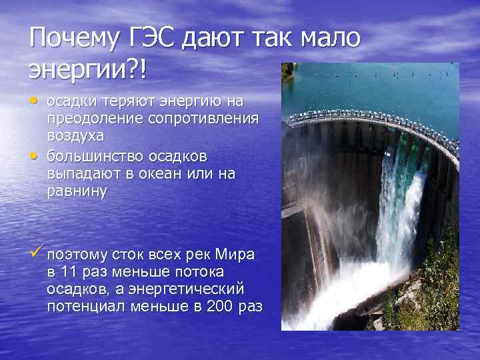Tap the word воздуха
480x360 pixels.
pyautogui.click(x=75, y=135)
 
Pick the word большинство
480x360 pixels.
pyautogui.click(x=93, y=156)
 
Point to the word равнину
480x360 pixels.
pyautogui.click(x=77, y=191)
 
